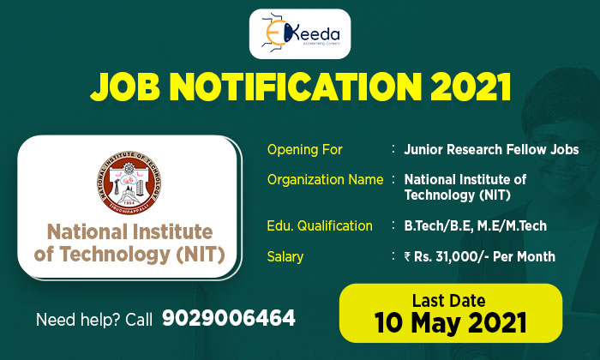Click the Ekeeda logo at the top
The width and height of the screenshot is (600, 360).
click(299, 34)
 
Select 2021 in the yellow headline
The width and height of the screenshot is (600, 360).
click(465, 87)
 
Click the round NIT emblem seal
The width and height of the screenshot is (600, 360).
click(129, 181)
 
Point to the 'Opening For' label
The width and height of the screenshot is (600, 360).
click(304, 150)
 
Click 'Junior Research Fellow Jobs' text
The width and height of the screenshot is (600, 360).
click(491, 150)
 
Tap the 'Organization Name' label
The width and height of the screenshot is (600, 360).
click(325, 180)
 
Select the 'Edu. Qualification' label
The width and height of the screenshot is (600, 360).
click(320, 226)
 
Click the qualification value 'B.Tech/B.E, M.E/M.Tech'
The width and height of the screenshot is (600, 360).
click(475, 226)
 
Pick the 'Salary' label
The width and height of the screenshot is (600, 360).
click(285, 256)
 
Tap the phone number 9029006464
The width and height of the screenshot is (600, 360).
click(228, 320)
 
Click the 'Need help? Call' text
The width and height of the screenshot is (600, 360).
click(94, 321)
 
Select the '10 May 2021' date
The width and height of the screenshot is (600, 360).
click(449, 323)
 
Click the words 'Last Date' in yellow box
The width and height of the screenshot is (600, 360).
click(448, 301)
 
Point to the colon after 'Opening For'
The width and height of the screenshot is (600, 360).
click(391, 150)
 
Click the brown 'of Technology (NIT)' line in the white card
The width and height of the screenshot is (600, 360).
click(129, 255)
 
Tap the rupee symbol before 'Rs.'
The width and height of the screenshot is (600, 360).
click(408, 256)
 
